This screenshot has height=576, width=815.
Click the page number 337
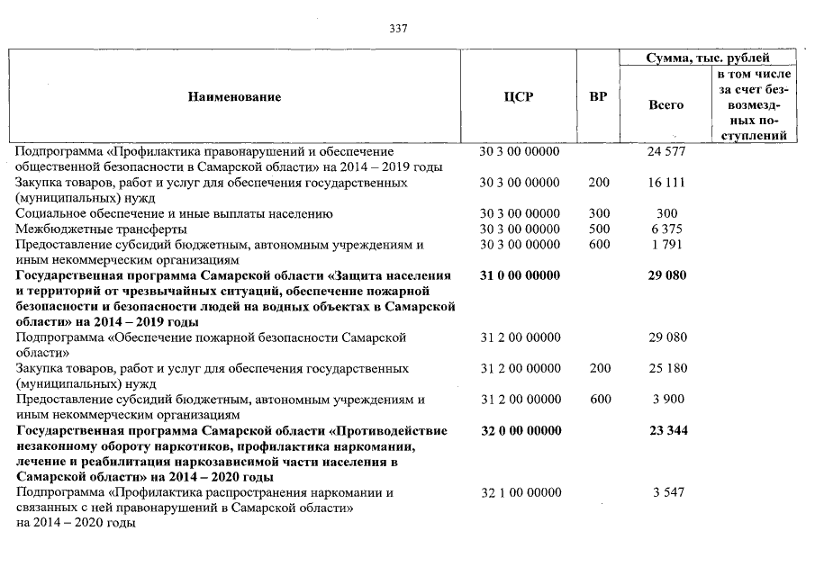pyautogui.click(x=398, y=28)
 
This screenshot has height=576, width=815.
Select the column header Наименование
pyautogui.click(x=234, y=97)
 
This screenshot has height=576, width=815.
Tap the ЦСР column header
pyautogui.click(x=520, y=97)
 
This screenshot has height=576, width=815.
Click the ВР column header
pyautogui.click(x=597, y=97)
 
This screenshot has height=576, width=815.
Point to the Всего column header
pyautogui.click(x=666, y=105)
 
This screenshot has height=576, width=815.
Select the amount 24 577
pyautogui.click(x=666, y=151)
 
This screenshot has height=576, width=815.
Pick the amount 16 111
pyautogui.click(x=666, y=183)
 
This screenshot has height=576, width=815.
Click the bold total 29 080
pyautogui.click(x=666, y=275)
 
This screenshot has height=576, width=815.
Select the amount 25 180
pyautogui.click(x=666, y=369)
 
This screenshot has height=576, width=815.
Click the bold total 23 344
pyautogui.click(x=666, y=431)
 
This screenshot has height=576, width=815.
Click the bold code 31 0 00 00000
pyautogui.click(x=520, y=275)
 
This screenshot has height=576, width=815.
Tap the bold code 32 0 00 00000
pyautogui.click(x=520, y=431)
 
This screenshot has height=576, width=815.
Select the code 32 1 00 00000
pyautogui.click(x=520, y=493)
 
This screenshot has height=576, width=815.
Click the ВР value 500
pyautogui.click(x=598, y=229)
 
